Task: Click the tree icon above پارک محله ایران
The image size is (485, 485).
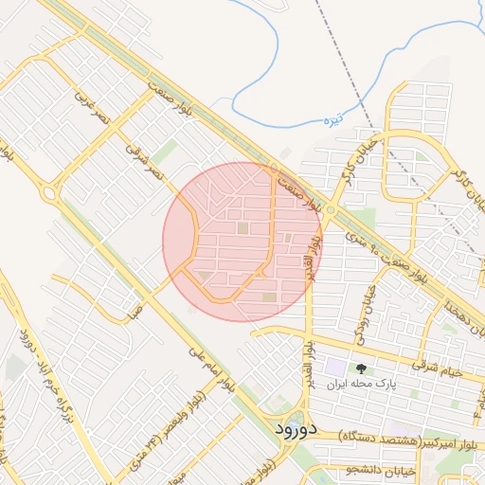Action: coord(360,368)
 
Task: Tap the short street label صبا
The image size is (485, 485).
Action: coord(137,308)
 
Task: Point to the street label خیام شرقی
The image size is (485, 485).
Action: coord(437,368)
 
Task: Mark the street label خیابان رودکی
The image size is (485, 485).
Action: coord(362,314)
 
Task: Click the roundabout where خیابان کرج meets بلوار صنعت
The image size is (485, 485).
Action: coord(329,209)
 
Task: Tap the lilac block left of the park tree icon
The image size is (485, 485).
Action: coord(336,366)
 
